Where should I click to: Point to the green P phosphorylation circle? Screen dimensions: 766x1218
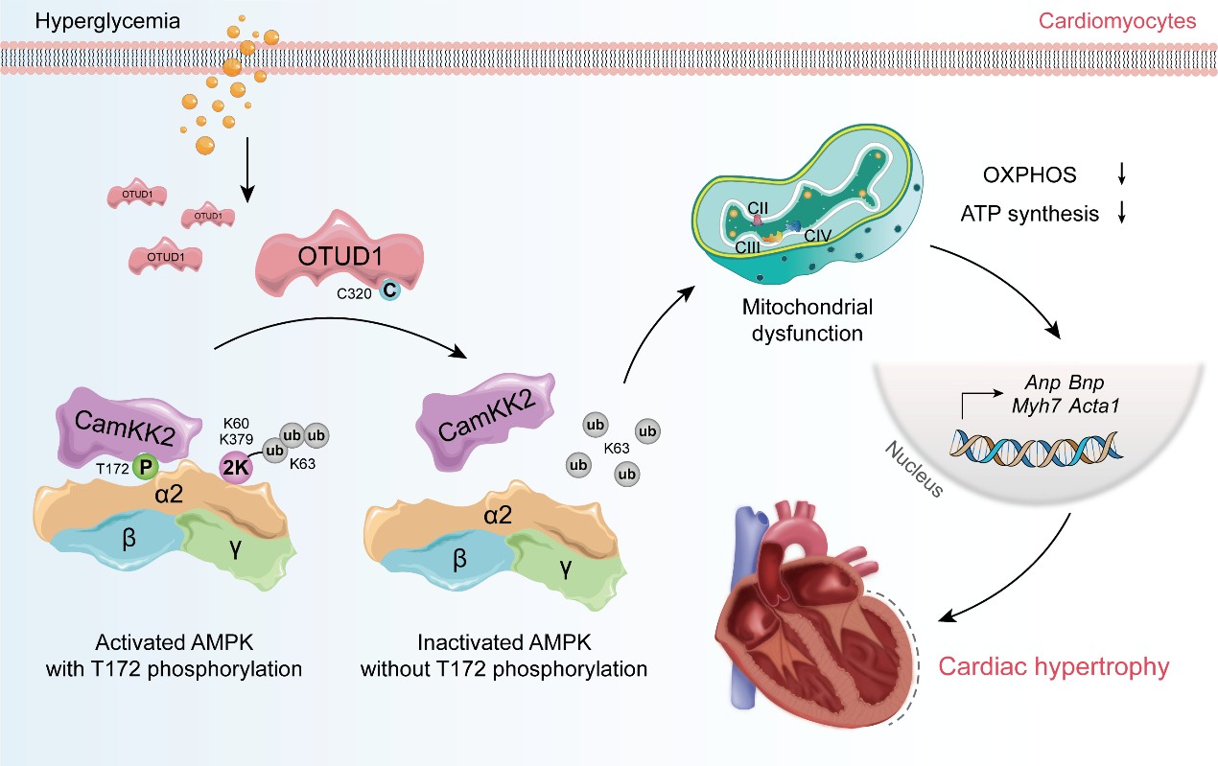point(146,465)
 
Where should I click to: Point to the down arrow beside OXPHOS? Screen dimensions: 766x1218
point(1121,174)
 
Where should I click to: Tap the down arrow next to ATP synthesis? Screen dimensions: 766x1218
point(1121,213)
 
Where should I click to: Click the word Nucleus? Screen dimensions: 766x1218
point(907,469)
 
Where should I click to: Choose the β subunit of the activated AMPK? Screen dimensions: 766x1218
point(129,538)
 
